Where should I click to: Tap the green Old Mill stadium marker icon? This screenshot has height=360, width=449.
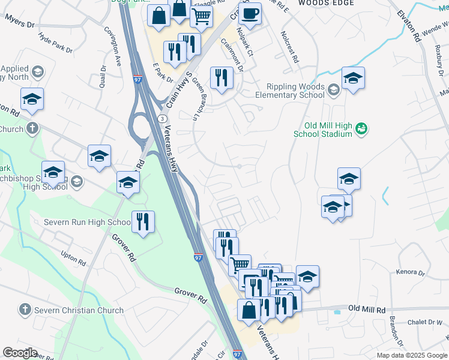[361, 128]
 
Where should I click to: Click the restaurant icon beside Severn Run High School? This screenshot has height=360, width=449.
[143, 223]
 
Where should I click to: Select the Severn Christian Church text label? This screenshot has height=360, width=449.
[79, 310]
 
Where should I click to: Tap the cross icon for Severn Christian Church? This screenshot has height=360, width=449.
[25, 310]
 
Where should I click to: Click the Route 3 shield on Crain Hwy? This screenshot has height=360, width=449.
[162, 119]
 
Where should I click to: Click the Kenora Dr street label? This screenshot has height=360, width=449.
[411, 272]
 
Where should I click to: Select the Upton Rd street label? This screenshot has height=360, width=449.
[73, 259]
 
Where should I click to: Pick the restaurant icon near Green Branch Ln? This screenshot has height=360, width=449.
[221, 77]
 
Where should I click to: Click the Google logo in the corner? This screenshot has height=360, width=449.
[20, 353]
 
